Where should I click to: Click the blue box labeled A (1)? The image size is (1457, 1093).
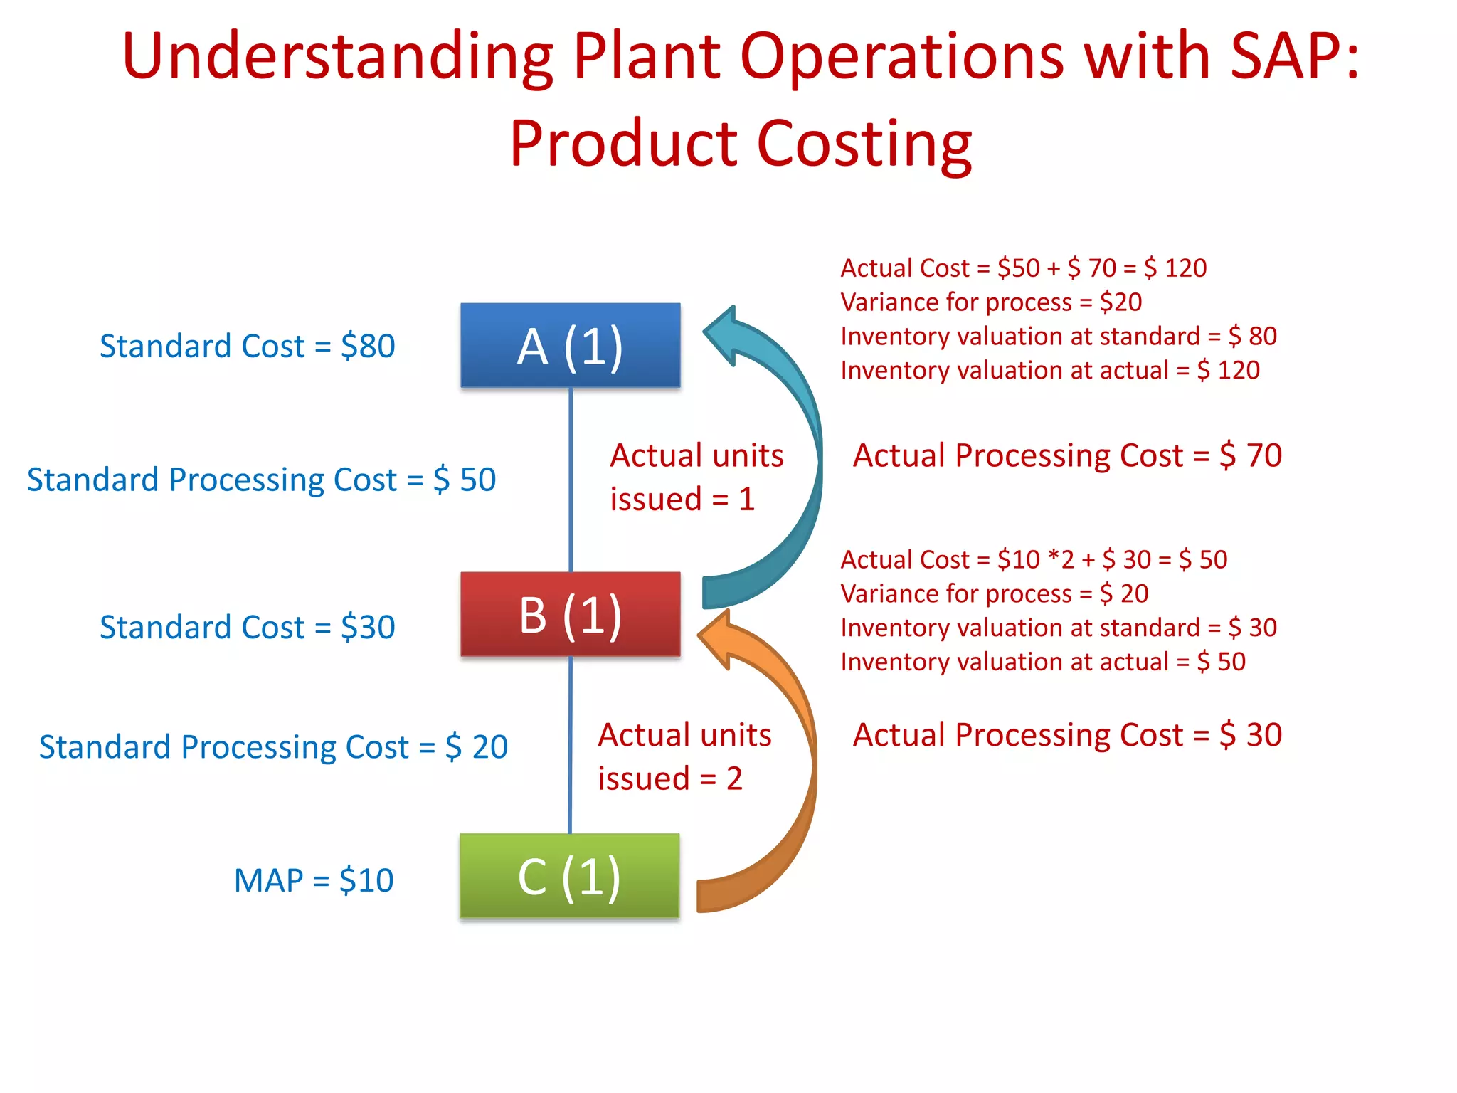(570, 346)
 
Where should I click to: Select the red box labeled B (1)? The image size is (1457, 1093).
(570, 614)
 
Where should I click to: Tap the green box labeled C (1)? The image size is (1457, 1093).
(569, 876)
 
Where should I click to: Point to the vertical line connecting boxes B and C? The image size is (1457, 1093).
(570, 744)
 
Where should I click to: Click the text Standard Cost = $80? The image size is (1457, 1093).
(247, 347)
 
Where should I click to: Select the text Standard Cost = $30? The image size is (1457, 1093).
(247, 628)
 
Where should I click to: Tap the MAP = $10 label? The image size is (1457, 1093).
(314, 881)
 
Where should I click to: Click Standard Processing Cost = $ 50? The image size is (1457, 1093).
(261, 480)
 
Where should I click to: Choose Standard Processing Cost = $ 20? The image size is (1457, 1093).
(273, 747)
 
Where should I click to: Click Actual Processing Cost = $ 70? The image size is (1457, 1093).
(1067, 455)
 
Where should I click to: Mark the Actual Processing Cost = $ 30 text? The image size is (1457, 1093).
(1067, 735)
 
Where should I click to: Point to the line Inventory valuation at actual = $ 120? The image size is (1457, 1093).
(1050, 371)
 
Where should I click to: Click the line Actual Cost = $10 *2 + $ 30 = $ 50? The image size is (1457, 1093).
(1034, 560)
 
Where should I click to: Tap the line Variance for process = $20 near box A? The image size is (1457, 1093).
(991, 302)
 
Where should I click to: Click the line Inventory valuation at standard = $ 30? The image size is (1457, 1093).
(1059, 628)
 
